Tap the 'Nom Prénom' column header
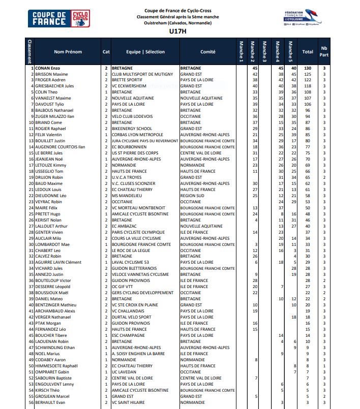click(68, 52)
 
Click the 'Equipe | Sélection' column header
click(145, 52)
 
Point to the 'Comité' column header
click(207, 52)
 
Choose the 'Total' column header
click(308, 52)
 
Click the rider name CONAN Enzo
click(47, 68)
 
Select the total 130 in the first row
click(308, 68)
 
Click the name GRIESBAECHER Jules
click(55, 86)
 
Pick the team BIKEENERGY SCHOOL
click(132, 129)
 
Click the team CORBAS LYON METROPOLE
click(137, 135)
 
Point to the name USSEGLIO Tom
click(49, 171)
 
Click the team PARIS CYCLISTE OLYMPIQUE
click(139, 232)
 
